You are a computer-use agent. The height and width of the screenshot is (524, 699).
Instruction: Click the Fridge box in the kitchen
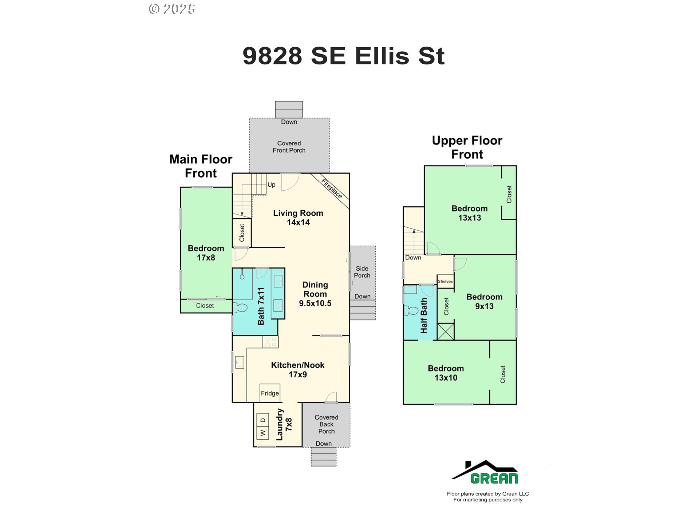[270, 393]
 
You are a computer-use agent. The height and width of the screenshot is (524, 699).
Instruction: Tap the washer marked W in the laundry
[263, 433]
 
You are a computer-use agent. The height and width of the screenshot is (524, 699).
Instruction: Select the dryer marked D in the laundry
[263, 420]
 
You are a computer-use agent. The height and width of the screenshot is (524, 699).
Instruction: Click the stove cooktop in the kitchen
[270, 342]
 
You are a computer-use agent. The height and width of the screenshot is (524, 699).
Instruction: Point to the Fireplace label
[332, 188]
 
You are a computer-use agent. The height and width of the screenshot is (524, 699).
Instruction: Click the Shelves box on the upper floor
[446, 281]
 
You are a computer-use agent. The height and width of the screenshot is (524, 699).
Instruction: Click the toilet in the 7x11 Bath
[241, 307]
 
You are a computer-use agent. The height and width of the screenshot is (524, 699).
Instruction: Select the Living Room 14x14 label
[298, 218]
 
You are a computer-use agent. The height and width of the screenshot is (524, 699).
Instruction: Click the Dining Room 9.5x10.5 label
[315, 294]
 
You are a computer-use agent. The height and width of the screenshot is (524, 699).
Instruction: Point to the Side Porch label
[362, 272]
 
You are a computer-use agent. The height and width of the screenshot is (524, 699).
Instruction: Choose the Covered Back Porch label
[327, 424]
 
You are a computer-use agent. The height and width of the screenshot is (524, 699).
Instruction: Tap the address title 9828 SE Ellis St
[344, 56]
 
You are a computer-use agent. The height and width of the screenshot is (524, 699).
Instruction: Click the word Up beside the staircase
[272, 185]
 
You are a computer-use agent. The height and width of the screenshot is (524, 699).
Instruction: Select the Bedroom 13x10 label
[446, 373]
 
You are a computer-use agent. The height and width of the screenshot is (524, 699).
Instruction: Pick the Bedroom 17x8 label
[206, 253]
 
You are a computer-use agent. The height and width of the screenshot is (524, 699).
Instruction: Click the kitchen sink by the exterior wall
[239, 362]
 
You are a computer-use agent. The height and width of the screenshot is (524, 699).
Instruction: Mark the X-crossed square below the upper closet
[446, 332]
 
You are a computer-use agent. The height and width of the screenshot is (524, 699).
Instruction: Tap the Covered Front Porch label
[289, 147]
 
